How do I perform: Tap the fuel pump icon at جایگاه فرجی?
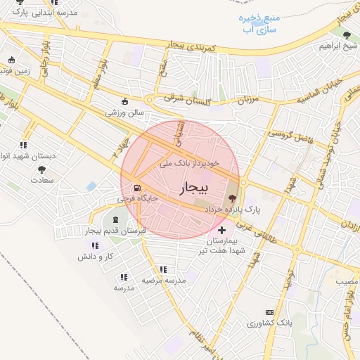coord(136,188)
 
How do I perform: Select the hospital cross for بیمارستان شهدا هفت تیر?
coord(222,230)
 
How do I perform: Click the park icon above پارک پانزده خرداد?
coord(233,199)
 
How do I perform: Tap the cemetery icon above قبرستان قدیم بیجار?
coord(115,221)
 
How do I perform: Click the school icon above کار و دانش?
coord(95,245)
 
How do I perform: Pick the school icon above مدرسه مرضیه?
coord(163,269)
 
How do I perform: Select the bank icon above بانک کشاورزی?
coord(269,312)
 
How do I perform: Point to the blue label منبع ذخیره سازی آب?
coord(261,22)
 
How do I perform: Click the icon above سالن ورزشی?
coord(125,101)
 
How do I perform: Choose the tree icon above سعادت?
coord(42,169)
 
